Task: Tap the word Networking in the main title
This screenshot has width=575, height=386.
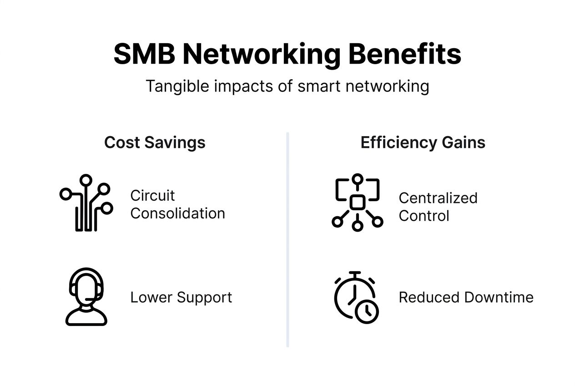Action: tap(261, 55)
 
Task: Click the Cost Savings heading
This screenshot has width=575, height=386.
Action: tap(155, 142)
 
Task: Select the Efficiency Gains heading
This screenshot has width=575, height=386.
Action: tap(423, 142)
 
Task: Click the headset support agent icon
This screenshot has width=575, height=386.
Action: tap(86, 296)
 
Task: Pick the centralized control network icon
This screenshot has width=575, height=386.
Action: tap(357, 202)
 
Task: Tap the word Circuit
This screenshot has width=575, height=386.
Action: tap(152, 196)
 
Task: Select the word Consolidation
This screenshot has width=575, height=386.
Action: tap(177, 213)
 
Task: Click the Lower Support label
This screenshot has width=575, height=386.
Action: tap(181, 297)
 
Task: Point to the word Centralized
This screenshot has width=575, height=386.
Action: tap(438, 198)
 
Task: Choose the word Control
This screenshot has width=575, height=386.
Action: tap(424, 216)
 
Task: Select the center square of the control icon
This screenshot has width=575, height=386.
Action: tap(357, 202)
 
